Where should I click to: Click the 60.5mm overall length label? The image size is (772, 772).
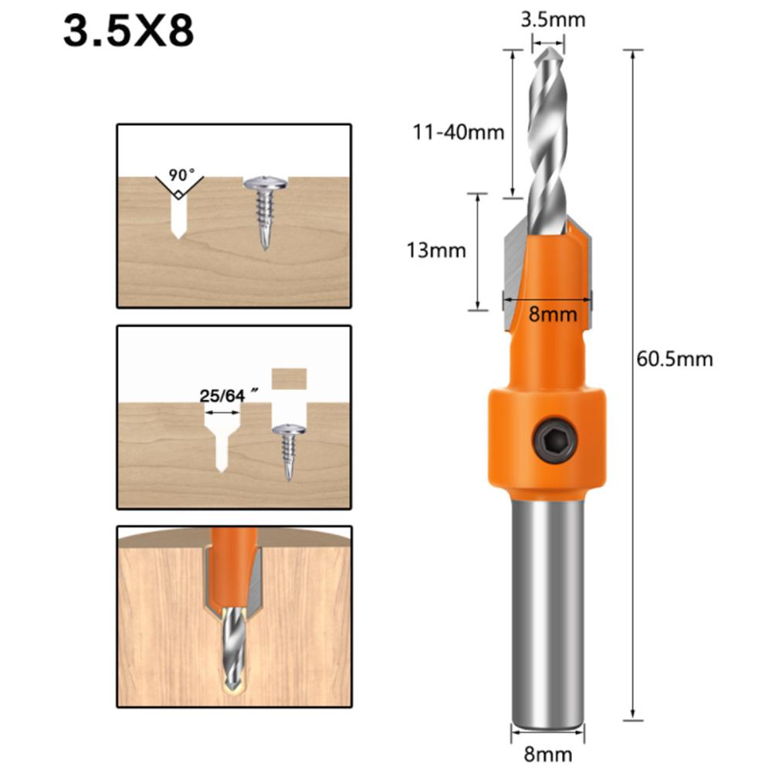(674, 358)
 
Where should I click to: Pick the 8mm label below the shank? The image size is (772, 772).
(547, 753)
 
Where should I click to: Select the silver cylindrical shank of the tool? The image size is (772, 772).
(547, 602)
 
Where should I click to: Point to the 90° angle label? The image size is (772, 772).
(178, 174)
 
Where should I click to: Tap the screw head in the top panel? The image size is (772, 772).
(265, 184)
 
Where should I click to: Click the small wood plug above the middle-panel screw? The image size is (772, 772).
(290, 378)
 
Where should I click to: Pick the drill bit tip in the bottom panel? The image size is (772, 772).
(232, 679)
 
